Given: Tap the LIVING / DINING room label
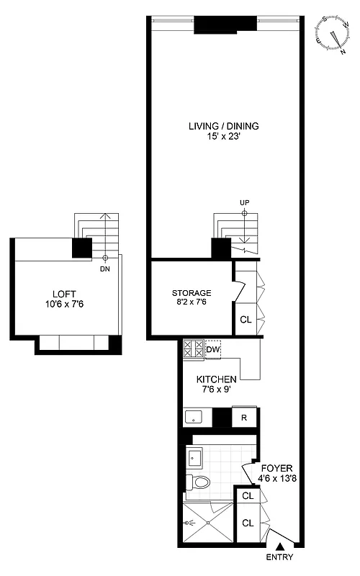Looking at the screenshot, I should (223, 126).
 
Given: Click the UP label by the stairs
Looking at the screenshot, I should (244, 203).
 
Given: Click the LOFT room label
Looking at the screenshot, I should (63, 293).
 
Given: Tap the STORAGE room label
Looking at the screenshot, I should (191, 293).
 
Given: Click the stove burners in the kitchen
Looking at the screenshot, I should (193, 350).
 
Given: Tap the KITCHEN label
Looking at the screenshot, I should (217, 379).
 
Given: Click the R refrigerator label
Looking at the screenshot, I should (244, 417).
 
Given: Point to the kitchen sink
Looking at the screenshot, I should (194, 416).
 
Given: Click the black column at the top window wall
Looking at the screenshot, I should (225, 24).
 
